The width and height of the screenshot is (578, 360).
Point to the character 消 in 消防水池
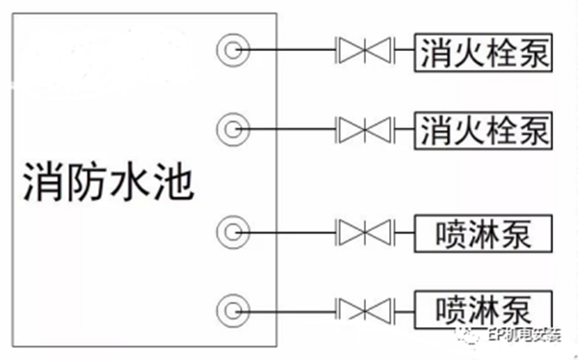[43, 180]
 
